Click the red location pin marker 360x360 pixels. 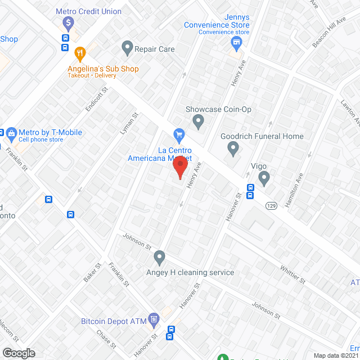(x=180, y=168)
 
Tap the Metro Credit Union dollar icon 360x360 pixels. (x=68, y=23)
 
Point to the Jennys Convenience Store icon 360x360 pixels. (x=237, y=43)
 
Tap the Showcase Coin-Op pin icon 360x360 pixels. (x=198, y=120)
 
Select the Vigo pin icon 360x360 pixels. (x=264, y=178)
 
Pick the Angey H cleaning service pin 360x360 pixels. (x=159, y=258)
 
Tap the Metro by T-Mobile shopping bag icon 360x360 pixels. (x=11, y=133)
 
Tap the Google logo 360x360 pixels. (x=18, y=353)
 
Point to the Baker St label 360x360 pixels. (x=91, y=273)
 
